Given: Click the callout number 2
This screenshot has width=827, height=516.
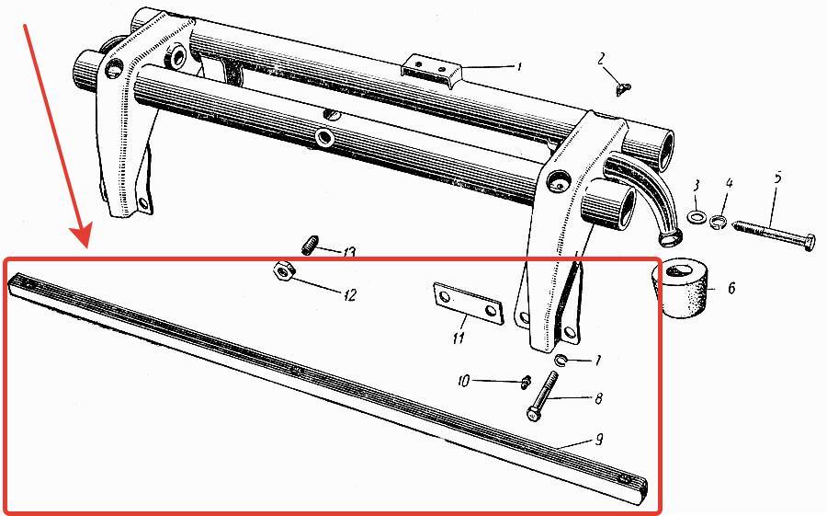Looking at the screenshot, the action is [601, 59].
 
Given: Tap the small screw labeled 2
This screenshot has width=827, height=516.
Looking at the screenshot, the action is [623, 89].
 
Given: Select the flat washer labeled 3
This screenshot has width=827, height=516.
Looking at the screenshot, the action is [697, 216].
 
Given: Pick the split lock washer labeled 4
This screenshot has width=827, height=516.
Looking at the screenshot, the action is [719, 222].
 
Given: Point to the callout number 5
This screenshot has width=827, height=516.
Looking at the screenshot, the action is [777, 178].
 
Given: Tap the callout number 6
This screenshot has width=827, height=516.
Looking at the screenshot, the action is [731, 289].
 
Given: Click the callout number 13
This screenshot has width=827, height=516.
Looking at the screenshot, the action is [348, 253].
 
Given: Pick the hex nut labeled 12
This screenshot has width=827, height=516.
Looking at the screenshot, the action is [283, 271].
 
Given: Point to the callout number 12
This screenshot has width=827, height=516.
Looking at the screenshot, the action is [349, 294].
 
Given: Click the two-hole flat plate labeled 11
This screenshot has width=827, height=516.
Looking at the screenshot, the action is [468, 304].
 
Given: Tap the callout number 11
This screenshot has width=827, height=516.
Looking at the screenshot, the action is [458, 338].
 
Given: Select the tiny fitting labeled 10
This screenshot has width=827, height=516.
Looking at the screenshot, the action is [525, 382].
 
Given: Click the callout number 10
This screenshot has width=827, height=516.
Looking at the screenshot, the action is [463, 381].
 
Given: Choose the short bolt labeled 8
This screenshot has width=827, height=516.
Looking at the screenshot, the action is [541, 396].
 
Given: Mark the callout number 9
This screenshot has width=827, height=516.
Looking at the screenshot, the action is [599, 440].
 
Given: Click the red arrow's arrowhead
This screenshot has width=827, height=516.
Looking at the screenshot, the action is [80, 236].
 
